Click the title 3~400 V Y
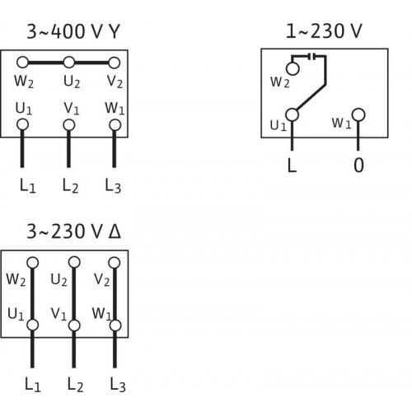click(x=73, y=31)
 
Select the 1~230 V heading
click(x=324, y=30)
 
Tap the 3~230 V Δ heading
click(x=73, y=232)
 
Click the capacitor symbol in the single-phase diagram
click(x=311, y=57)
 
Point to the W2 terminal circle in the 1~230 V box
click(x=293, y=68)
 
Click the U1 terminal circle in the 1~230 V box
click(x=292, y=115)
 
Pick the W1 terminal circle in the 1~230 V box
click(x=358, y=115)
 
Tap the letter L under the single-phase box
click(x=292, y=166)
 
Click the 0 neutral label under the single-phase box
click(x=358, y=166)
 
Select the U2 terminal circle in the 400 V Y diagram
click(x=69, y=63)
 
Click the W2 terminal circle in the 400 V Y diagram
click(x=22, y=63)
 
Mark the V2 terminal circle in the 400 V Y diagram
click(x=115, y=63)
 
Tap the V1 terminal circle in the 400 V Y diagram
click(x=68, y=125)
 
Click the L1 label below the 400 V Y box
click(x=28, y=186)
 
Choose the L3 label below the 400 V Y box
click(x=113, y=186)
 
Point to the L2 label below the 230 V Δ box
click(x=75, y=385)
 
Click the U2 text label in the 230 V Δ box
click(x=59, y=280)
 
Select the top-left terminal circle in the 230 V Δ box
click(x=33, y=263)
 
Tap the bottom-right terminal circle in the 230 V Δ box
click(x=115, y=325)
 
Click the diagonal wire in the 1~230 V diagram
click(x=311, y=96)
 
